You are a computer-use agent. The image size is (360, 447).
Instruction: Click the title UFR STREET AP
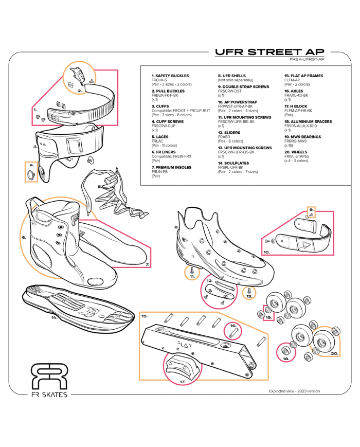[269, 52]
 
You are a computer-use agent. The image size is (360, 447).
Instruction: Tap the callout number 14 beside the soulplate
[53, 317]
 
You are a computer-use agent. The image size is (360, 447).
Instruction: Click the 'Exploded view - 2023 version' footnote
[294, 391]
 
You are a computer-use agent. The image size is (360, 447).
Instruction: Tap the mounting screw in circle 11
[192, 270]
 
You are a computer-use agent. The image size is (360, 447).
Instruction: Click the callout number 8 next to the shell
[176, 227]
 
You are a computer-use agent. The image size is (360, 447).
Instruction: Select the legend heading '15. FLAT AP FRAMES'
[303, 76]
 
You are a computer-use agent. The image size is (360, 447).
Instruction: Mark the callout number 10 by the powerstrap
[267, 252]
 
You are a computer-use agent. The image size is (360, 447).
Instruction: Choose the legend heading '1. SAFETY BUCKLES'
[163, 76]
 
